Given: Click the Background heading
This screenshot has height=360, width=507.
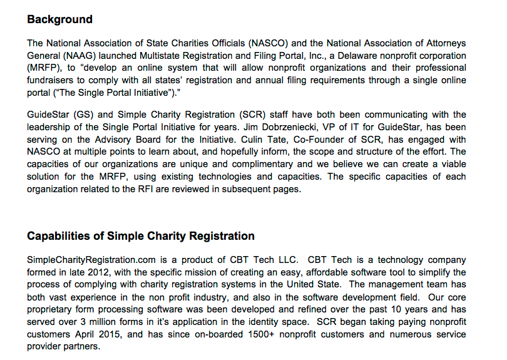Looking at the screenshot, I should tap(59, 19).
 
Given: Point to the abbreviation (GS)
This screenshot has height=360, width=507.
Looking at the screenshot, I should tap(83, 115).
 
